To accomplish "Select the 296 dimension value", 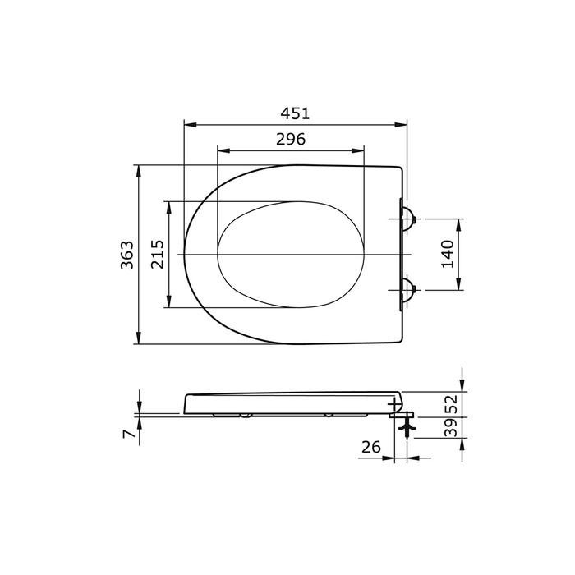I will pyautogui.click(x=290, y=139).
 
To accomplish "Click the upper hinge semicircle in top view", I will pyautogui.click(x=407, y=218).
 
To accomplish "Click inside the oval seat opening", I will pyautogui.click(x=287, y=255).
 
